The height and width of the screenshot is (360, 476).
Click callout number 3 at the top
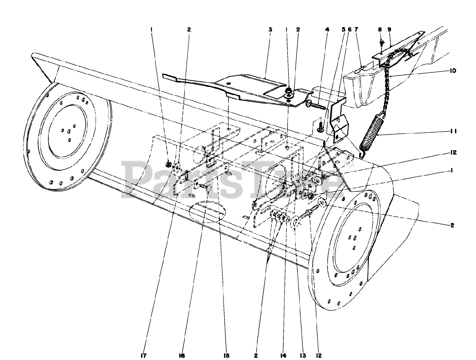click(x=270, y=29)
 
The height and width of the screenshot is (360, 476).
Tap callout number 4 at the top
click(x=327, y=29)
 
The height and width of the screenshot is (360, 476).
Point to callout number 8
click(x=380, y=29)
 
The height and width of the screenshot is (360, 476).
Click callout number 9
click(x=389, y=29)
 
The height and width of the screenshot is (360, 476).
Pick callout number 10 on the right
click(x=453, y=70)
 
